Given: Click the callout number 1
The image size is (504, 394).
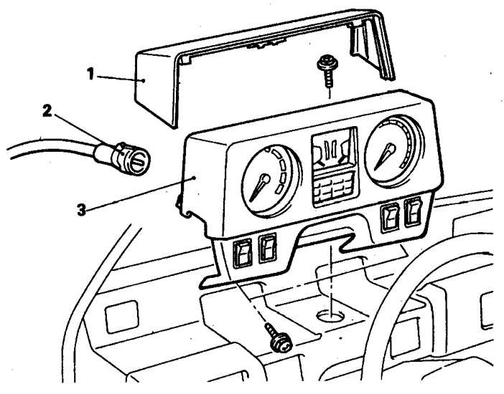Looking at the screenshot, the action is point(90,74).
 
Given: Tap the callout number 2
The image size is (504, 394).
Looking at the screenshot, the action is point(47,111).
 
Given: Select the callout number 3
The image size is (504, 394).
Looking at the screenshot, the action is point(82,210).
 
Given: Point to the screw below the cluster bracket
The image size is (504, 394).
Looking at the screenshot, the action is point(278,338).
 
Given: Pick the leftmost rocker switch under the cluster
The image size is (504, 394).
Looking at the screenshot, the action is point(243,253).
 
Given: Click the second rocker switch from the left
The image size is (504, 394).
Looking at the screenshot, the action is point(267,248).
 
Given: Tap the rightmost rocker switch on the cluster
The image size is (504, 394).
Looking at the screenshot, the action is point(413,212).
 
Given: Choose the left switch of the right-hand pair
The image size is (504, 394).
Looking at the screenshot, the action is point(390,218).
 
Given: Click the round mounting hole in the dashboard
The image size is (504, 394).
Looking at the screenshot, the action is point(330,316).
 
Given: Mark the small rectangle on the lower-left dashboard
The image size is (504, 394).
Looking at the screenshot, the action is point(122,317).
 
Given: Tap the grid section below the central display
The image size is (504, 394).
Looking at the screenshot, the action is point(335,189).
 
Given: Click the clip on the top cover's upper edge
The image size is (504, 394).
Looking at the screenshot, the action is point(266,44).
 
